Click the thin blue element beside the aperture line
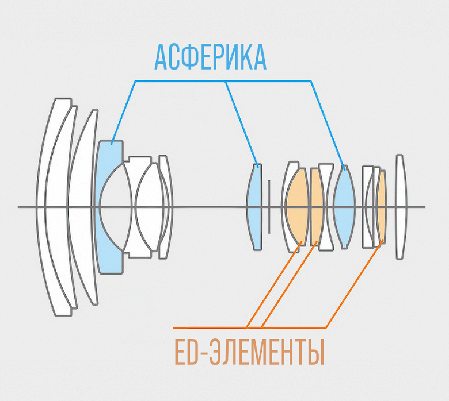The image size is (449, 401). coord(255,207)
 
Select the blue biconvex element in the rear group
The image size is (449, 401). coord(344,207)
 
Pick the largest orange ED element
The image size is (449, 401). coord(298,207)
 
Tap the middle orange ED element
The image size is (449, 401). coord(316,207)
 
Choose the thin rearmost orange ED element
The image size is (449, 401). coord(381,207)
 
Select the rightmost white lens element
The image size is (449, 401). coord(400,207)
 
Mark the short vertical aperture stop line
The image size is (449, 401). coord(269,207)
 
